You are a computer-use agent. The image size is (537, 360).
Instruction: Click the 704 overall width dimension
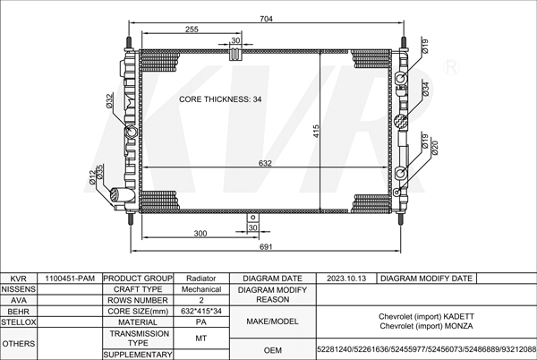(266, 19)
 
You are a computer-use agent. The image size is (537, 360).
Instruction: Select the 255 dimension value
(192, 30)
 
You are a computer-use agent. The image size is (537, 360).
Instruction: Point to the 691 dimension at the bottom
(266, 246)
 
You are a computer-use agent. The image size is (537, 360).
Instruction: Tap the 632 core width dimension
(265, 163)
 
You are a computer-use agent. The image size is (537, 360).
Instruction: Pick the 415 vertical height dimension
(316, 131)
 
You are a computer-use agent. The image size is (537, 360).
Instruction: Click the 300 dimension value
(200, 234)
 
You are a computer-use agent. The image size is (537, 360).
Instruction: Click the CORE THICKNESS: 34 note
(220, 99)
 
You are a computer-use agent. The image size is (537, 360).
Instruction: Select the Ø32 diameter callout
(109, 101)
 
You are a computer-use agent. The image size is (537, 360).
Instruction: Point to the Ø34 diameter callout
(425, 89)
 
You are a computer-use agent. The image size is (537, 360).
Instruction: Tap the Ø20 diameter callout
(435, 148)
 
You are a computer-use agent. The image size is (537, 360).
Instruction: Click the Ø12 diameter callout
(92, 177)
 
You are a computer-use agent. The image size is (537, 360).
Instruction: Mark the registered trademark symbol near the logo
(451, 67)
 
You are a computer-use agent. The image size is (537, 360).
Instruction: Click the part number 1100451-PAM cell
(70, 279)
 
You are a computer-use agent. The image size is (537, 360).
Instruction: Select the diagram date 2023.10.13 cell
(346, 279)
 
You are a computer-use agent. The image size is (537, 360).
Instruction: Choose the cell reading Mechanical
(201, 289)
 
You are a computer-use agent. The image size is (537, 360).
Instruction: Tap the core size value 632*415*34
(201, 311)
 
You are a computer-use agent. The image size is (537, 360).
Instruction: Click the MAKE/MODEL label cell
(272, 321)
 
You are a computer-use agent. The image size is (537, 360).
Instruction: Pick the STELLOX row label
(19, 322)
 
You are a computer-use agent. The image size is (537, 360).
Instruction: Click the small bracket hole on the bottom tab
(252, 218)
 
